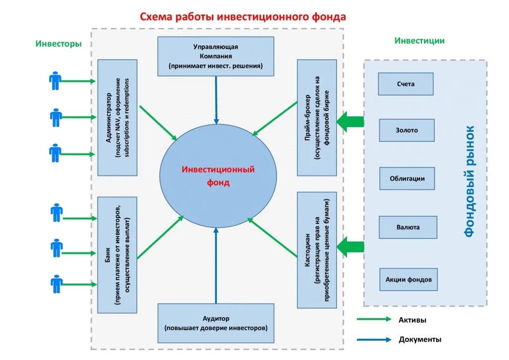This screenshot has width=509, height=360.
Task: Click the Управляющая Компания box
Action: tap(215, 56)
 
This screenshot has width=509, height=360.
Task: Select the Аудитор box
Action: tap(215, 323)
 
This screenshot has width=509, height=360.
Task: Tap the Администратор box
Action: tap(117, 117)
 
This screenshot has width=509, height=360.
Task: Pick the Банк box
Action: tap(117, 255)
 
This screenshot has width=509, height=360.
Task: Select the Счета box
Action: tap(406, 84)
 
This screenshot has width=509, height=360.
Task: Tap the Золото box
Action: tap(407, 130)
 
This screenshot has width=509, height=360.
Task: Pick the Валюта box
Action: tap(408, 227)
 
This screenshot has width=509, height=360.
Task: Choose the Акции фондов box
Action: tap(409, 279)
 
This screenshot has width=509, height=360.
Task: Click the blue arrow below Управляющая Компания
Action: tap(216, 99)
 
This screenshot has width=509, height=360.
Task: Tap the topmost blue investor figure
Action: tap(55, 81)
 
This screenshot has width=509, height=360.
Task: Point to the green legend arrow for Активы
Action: tap(374, 320)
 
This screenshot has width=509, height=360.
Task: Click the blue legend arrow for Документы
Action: tap(374, 340)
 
